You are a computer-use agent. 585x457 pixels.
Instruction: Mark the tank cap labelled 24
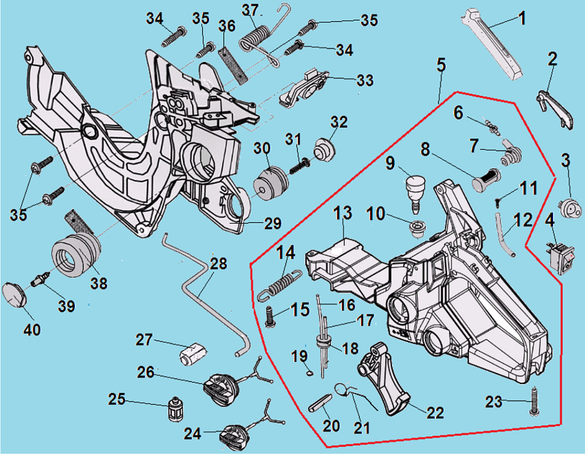tap(234, 436)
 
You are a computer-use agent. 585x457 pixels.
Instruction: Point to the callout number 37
tap(251, 10)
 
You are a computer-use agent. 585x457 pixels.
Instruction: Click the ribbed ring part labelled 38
tap(78, 258)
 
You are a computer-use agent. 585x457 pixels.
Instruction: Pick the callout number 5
tap(441, 66)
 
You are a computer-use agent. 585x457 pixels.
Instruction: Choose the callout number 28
tap(218, 264)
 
